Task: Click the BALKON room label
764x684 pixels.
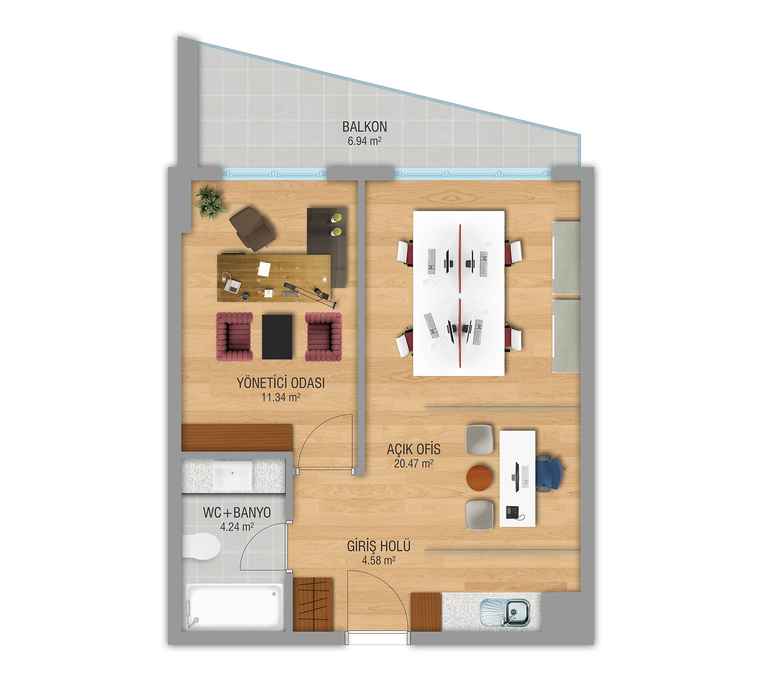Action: tap(364, 126)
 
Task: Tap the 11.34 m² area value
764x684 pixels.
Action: tap(281, 397)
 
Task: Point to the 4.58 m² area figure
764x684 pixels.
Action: tap(379, 560)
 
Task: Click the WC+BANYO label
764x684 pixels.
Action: tap(237, 513)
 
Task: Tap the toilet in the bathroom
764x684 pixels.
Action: tap(201, 547)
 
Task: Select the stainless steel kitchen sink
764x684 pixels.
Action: tap(505, 613)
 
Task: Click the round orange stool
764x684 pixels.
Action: tap(479, 477)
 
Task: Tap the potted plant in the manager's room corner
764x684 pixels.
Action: tap(210, 202)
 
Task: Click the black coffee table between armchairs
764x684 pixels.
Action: tap(277, 337)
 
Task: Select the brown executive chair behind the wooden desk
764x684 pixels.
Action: tap(252, 228)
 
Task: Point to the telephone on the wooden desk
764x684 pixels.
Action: tap(232, 285)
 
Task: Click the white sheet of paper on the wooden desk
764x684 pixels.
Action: tap(264, 268)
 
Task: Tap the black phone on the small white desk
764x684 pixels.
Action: tap(512, 512)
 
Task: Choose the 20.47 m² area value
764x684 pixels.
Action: tap(414, 463)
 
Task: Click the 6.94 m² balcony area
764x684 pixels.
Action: tap(364, 141)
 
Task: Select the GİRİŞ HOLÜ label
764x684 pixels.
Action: tap(379, 546)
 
